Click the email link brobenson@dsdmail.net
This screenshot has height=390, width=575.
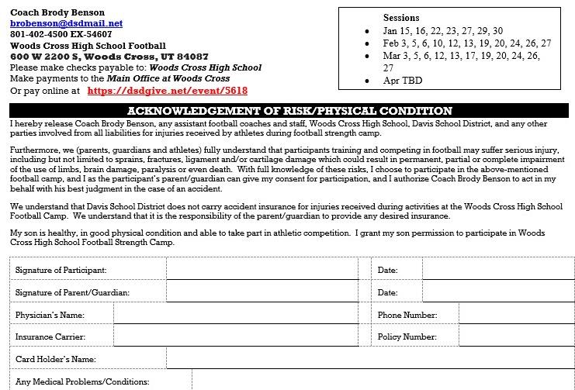56,24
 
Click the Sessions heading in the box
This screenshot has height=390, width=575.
401,17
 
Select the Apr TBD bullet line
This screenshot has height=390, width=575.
403,80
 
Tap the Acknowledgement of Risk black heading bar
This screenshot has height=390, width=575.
289,111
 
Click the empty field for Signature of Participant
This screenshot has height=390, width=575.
262,269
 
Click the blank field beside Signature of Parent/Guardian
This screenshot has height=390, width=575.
262,292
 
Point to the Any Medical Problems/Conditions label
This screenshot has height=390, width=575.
82,381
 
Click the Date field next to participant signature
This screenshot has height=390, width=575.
497,269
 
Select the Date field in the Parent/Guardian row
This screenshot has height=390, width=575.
497,292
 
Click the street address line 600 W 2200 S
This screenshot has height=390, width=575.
109,57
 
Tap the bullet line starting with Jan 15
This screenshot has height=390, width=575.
454,31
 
